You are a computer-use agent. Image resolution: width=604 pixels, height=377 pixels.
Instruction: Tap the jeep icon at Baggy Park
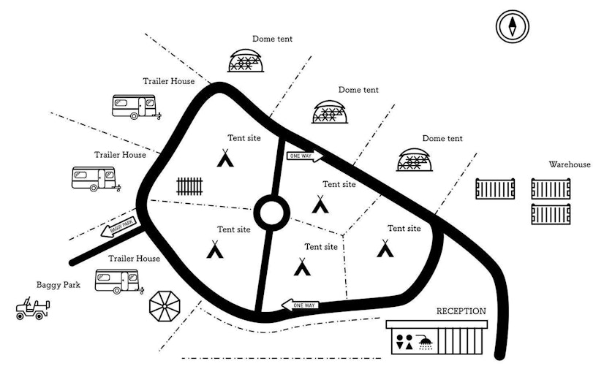pyautogui.click(x=33, y=309)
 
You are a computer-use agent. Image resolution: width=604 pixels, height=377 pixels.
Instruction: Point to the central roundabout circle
pyautogui.click(x=269, y=213)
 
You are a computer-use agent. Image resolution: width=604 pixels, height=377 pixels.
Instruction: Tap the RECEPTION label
pyautogui.click(x=461, y=311)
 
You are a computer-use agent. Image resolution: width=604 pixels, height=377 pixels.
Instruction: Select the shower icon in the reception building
pyautogui.click(x=424, y=341)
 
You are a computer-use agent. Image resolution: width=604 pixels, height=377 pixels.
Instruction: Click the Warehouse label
pyautogui.click(x=570, y=164)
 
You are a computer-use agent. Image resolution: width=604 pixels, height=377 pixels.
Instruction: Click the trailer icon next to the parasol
pyautogui.click(x=117, y=280)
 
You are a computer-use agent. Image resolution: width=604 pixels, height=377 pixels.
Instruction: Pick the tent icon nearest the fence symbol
pyautogui.click(x=225, y=158)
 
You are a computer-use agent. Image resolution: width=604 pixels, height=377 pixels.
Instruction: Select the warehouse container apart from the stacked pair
pyautogui.click(x=495, y=189)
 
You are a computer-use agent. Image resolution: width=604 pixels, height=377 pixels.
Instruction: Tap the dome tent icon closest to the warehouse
pyautogui.click(x=415, y=159)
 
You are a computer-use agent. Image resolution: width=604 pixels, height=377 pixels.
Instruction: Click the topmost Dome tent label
pyautogui.click(x=272, y=39)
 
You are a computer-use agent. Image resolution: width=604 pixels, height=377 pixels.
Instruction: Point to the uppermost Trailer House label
pyautogui.click(x=168, y=81)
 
